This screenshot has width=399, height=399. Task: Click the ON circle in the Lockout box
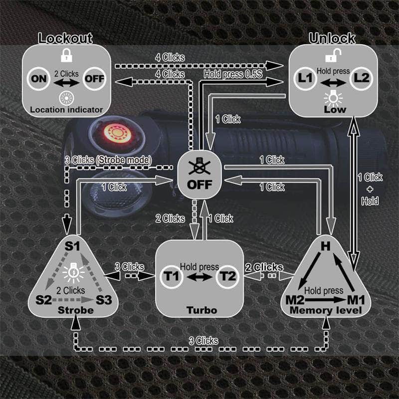(38, 79)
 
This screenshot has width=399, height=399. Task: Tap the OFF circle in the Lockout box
(94, 79)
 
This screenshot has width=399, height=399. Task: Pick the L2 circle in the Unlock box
(361, 79)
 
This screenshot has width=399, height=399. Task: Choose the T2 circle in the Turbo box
(227, 276)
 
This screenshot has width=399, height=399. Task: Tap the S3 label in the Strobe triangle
(104, 300)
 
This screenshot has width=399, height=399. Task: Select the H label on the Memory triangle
(325, 246)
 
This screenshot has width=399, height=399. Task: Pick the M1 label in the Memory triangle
(355, 300)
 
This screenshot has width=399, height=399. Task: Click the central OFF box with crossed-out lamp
(199, 177)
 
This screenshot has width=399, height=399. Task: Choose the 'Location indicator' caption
(66, 109)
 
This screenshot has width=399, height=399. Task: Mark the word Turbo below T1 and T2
(199, 310)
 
